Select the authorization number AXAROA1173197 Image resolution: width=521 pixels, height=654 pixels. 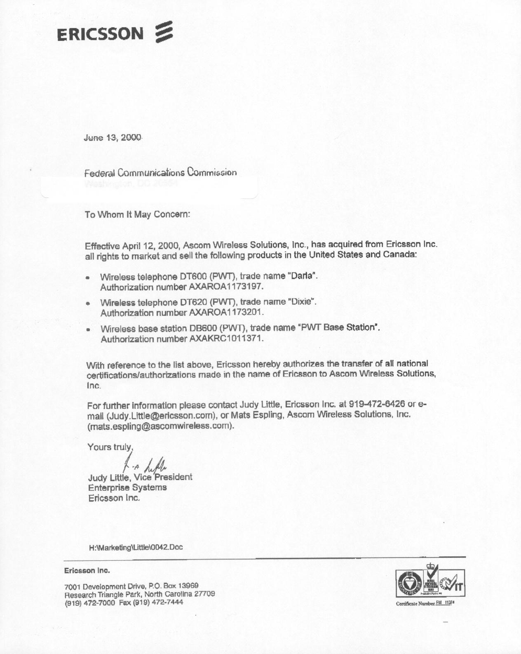coord(225,287)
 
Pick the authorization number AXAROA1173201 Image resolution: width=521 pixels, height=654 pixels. coord(226,313)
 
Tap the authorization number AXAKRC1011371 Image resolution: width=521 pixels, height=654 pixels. coord(226,339)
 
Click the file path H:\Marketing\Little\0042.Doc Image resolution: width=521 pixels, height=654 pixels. coord(136,547)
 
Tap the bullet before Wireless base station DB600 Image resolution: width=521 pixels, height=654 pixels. coord(88,330)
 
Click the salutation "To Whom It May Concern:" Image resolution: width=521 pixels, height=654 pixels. coord(137,214)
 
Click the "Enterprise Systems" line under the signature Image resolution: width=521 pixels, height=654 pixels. coord(127,487)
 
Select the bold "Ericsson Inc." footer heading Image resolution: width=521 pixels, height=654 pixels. coord(87,571)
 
